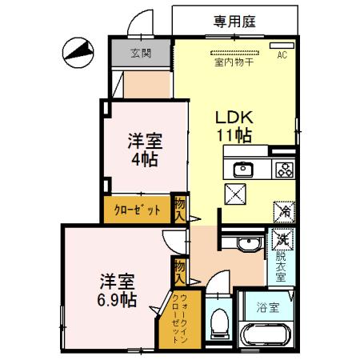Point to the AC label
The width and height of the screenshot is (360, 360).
(x=281, y=56)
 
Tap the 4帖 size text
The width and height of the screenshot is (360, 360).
(x=145, y=159)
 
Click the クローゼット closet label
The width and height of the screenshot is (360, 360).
(x=136, y=210)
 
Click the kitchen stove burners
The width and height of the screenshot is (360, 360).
(x=284, y=169)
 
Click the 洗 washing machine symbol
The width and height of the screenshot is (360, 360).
(x=282, y=238)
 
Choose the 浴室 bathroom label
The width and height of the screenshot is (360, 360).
(x=269, y=306)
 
